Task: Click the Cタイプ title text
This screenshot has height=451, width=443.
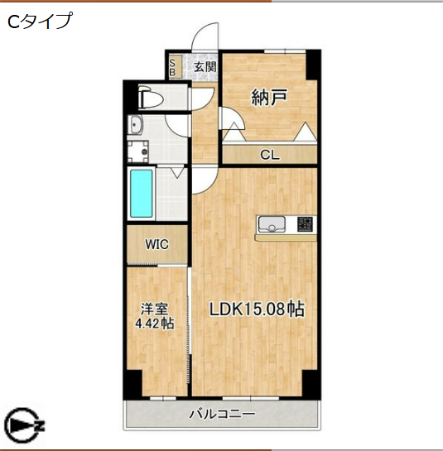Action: [38, 22]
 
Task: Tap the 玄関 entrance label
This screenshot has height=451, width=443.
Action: [205, 67]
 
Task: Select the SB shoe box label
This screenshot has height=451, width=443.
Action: [171, 67]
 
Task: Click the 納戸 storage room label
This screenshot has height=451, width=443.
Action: [269, 98]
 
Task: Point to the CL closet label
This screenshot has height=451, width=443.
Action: [269, 154]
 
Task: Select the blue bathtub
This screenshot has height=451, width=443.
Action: [142, 193]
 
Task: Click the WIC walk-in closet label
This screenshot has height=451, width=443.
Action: [157, 245]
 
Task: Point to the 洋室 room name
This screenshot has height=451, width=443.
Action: [154, 309]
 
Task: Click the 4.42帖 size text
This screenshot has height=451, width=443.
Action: [154, 324]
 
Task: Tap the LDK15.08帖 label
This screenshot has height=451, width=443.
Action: [256, 310]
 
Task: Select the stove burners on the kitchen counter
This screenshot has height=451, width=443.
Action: [304, 223]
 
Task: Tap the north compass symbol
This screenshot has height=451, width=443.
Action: [23, 426]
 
